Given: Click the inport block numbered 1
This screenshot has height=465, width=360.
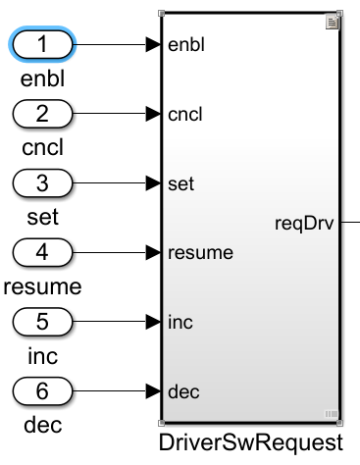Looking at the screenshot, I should pos(41,44).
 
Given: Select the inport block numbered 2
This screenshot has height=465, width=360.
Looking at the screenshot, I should pos(41,114).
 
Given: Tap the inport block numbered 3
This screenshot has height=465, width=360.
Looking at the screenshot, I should pos(41,182).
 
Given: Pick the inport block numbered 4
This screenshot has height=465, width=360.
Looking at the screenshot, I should pos(41,252).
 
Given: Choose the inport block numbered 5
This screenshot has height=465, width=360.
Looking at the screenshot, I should pos(41,321).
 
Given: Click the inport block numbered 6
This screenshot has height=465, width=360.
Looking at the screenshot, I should pos(41,390).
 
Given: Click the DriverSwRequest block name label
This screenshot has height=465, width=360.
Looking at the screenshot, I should pos(251,442).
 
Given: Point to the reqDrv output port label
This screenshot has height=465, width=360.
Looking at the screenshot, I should pos(306,224).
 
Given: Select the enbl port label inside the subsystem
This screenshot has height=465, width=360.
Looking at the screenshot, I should pos(186,45).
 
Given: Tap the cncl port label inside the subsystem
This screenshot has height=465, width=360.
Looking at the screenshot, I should pos(185,115).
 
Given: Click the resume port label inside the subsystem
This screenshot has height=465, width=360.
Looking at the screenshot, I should pos(200,253).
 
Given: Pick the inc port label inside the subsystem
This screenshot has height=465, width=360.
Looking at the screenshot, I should pos(180,322).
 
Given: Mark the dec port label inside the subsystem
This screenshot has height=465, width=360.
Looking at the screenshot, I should pos(183,391).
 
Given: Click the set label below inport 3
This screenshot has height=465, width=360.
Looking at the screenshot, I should pos(41,217).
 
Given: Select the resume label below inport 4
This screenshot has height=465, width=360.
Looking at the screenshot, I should pos(41,286).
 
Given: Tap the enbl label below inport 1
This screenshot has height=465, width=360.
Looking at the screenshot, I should pos(41,78).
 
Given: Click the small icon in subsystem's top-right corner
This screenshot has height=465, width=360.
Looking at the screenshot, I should pos(333,21).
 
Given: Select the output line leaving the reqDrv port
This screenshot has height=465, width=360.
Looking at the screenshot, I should pos(350,224).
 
